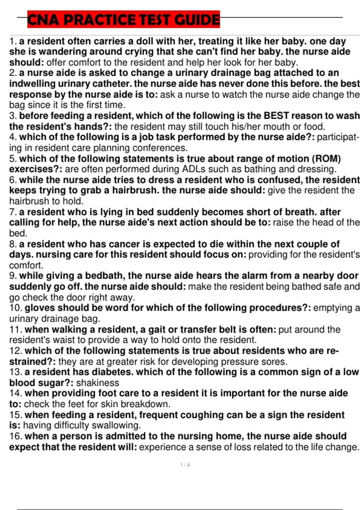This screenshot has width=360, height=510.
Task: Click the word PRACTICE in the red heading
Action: click(101, 20)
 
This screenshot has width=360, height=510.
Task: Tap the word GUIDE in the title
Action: click(197, 20)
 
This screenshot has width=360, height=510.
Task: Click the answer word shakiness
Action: click(97, 383)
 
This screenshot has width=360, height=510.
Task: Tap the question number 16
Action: click(16, 436)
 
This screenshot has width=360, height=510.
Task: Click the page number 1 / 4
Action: click(185, 465)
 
